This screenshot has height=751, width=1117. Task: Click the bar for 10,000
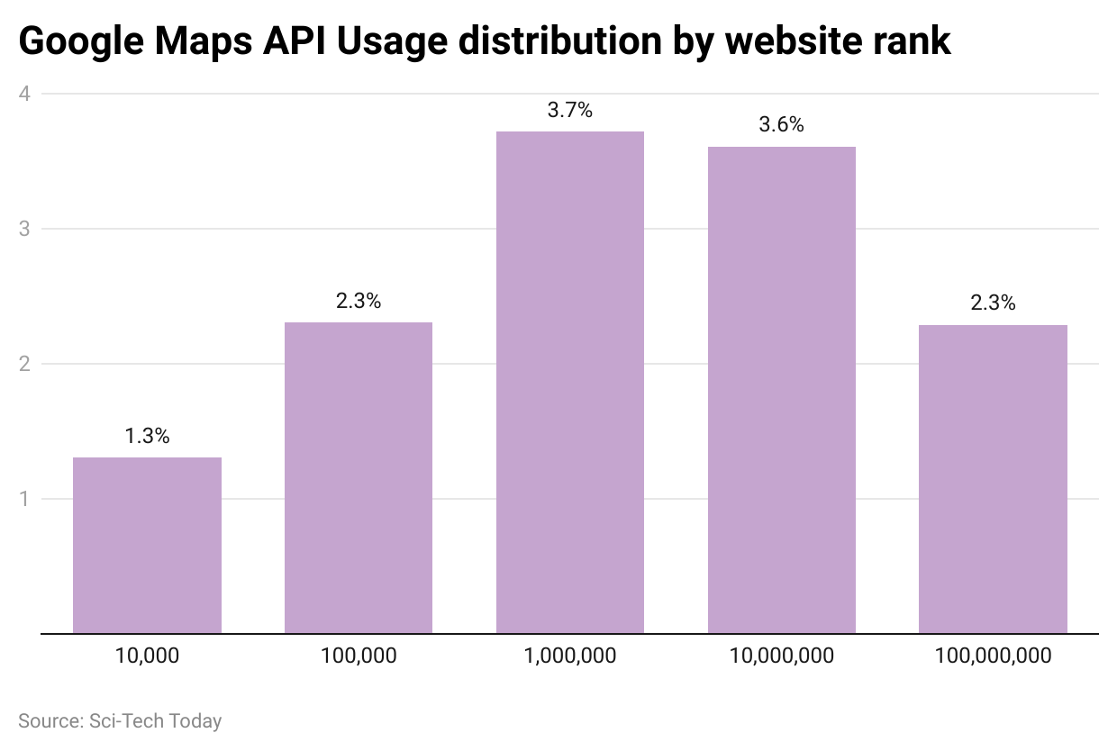(x=147, y=545)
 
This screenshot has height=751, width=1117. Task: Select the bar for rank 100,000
(x=359, y=477)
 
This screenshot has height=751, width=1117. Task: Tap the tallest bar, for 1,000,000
(x=570, y=383)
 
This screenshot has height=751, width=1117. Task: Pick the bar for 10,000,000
(x=781, y=390)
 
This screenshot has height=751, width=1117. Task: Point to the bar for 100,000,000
(x=993, y=479)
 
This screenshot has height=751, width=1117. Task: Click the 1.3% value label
(x=147, y=436)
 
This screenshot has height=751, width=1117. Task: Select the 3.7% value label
(x=570, y=111)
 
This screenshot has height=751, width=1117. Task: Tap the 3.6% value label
(x=781, y=125)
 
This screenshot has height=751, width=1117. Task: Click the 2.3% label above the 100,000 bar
(x=359, y=301)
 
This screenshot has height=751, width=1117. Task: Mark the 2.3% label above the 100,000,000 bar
(x=993, y=303)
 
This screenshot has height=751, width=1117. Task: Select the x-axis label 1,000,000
(x=570, y=656)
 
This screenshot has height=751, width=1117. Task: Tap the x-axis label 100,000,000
(x=993, y=656)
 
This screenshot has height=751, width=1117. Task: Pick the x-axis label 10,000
(x=147, y=656)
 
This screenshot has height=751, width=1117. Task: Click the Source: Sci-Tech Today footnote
(x=120, y=721)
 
